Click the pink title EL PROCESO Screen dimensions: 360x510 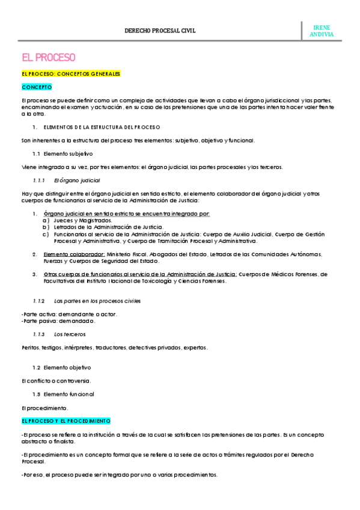tap(48, 58)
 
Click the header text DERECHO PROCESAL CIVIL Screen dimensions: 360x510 tap(160, 30)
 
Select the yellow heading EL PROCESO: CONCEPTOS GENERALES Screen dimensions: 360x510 tap(71, 73)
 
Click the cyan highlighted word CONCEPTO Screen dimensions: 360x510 tap(37, 87)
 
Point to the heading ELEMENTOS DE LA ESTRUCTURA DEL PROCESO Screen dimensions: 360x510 tap(102, 127)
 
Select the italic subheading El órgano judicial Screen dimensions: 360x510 tap(77, 180)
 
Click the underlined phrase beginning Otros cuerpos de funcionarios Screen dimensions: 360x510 tap(141, 274)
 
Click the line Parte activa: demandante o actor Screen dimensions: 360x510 tap(60, 314)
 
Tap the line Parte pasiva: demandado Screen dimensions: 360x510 tap(58, 321)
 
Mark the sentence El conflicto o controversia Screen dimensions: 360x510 tap(56, 381)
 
